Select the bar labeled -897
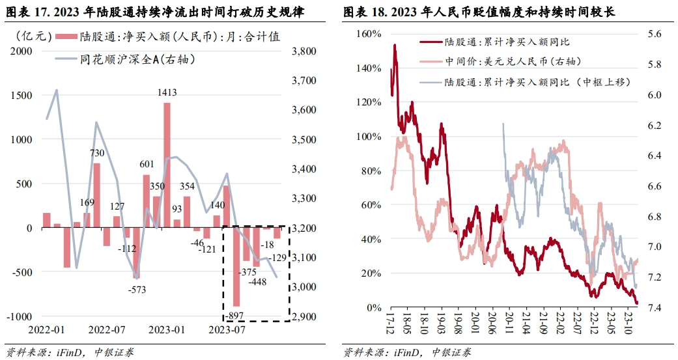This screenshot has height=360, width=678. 236,267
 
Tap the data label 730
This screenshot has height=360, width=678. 97,152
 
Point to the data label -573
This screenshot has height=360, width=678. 137,289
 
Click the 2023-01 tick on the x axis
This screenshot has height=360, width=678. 166,330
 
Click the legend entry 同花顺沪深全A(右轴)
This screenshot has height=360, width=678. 137,59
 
